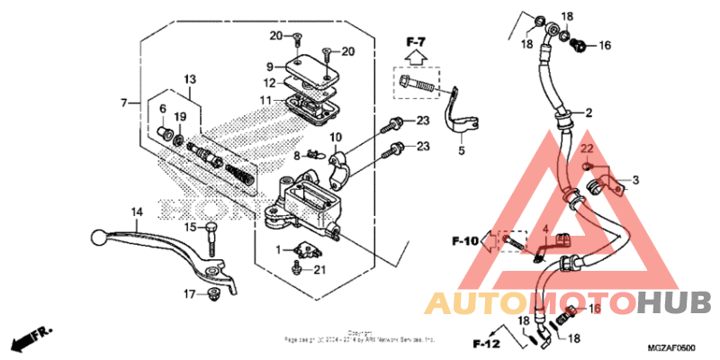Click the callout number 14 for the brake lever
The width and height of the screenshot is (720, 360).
click(137, 212)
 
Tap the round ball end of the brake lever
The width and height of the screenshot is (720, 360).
click(96, 238)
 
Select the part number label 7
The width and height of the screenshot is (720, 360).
click(124, 103)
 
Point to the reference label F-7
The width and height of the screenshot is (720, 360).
click(415, 40)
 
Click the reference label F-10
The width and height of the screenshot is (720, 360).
click(465, 241)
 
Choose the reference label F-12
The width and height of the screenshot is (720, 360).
click(486, 343)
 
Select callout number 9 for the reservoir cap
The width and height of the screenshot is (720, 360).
click(269, 67)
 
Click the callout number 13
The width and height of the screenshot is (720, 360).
click(190, 79)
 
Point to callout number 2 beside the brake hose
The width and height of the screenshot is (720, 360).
click(589, 113)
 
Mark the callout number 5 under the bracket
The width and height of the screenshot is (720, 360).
click(461, 151)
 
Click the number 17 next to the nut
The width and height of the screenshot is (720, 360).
click(190, 294)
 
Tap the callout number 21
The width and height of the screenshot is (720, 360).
click(320, 272)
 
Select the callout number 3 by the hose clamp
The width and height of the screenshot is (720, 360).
click(635, 181)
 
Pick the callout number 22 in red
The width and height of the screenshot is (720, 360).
click(585, 148)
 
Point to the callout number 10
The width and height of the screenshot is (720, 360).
click(335, 137)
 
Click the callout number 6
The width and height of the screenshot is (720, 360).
click(163, 109)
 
